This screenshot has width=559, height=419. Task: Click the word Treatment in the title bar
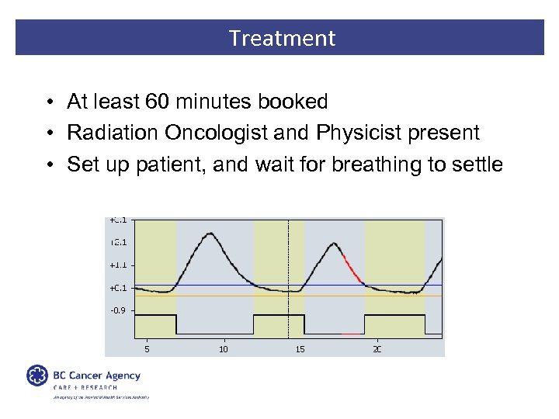pos(282,38)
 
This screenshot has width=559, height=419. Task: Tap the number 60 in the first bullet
pos(157,102)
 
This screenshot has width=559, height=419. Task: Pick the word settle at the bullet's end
pos(476,164)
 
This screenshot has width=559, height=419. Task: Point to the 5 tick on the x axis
pos(147,349)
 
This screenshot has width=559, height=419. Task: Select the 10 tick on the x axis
pos(224,349)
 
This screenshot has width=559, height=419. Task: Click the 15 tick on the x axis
pos(300,349)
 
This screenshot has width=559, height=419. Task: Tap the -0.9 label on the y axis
pos(117,310)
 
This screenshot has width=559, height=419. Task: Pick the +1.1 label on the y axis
pos(117,265)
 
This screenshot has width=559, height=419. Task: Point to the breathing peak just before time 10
pos(209,234)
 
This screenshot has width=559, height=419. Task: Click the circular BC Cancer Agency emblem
pos(37,376)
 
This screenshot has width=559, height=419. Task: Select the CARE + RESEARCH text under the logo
pos(85,387)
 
